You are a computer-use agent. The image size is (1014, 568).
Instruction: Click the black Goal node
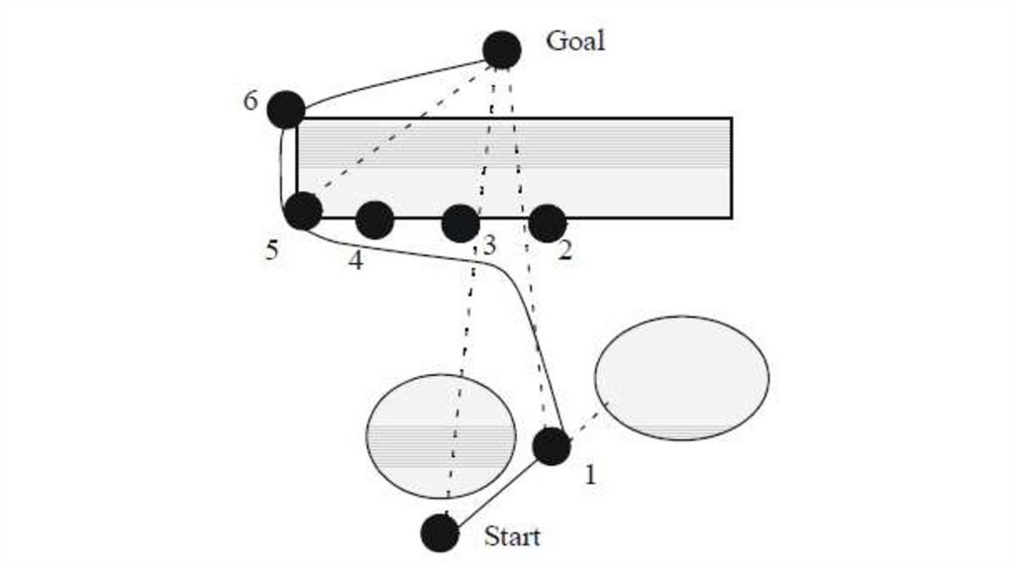click(502, 49)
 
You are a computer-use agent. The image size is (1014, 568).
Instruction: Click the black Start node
click(440, 533)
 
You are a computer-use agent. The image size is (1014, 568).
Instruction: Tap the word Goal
click(575, 42)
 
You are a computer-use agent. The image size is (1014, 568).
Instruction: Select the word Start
click(512, 537)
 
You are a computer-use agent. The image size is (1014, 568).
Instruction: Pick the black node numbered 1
click(552, 445)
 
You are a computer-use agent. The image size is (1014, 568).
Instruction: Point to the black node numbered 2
click(548, 223)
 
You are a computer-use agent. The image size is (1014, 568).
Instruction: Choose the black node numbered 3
click(460, 224)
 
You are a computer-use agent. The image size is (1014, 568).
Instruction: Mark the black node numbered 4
click(374, 220)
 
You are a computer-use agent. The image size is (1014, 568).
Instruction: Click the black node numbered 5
click(303, 211)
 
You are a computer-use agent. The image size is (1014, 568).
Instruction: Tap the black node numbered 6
click(286, 109)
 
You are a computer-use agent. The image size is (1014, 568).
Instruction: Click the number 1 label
click(590, 475)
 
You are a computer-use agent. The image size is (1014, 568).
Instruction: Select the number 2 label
click(564, 250)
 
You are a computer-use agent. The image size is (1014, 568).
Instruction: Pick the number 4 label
click(355, 262)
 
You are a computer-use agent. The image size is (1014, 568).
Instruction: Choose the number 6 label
click(252, 101)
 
